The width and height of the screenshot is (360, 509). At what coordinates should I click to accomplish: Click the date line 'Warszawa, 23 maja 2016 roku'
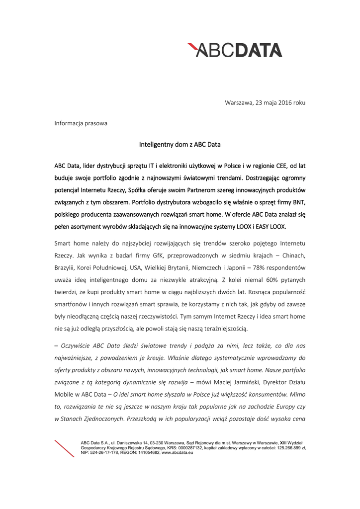[x=265, y=102]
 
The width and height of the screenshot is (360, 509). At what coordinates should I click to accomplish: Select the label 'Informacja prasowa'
[x=81, y=123]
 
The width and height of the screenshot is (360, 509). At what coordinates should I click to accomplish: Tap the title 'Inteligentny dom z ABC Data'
[x=180, y=145]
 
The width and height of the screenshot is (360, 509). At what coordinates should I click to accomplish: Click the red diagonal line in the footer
[x=64, y=448]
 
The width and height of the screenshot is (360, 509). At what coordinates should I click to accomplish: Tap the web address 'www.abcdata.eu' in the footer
[x=178, y=453]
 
